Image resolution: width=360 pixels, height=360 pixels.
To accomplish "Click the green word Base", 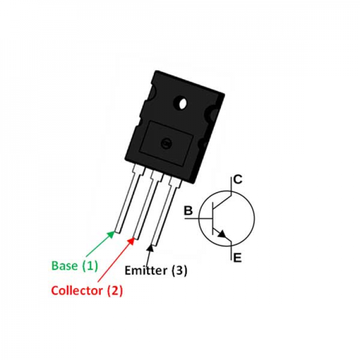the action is [64, 265].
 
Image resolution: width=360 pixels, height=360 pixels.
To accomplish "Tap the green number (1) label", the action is [90, 266].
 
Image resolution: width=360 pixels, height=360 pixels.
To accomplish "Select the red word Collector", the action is [77, 290].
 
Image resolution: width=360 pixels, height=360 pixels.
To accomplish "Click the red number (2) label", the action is [115, 291].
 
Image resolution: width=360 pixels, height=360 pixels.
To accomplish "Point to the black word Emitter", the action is [146, 270].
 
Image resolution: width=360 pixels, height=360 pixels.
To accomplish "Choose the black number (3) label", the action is [180, 270].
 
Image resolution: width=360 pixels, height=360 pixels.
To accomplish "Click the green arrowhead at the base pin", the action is [111, 235].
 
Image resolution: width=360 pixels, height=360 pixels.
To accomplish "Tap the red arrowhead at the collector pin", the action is [131, 241].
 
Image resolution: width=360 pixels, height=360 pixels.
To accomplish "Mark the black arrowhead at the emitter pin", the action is [150, 249].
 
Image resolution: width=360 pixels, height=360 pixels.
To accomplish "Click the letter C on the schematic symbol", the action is [238, 180].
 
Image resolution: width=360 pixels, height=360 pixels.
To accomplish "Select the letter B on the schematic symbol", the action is [188, 211].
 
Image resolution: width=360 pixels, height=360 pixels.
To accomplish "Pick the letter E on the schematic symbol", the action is [238, 258].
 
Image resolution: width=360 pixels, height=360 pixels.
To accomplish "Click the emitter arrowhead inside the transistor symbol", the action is [222, 234].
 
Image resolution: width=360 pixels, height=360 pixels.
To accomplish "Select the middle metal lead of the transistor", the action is [147, 204].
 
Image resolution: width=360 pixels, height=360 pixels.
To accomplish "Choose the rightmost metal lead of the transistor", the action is [166, 211].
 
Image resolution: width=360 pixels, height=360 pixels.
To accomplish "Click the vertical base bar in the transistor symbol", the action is [213, 218].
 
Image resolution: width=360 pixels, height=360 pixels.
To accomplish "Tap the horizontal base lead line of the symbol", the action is [198, 218].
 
